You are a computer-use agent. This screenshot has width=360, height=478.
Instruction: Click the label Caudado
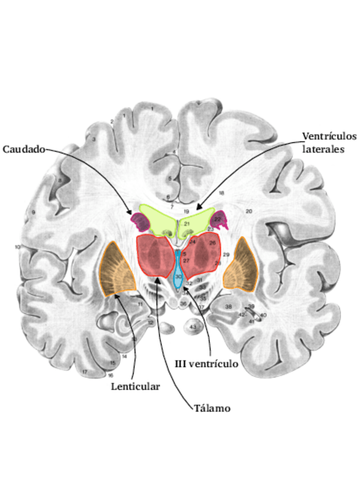pos(23,149)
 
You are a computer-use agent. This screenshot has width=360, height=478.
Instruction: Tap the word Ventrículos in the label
pos(330,137)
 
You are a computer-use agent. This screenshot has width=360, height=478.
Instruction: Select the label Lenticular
pos(135,386)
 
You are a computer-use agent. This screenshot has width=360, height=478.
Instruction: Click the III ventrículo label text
pos(205,364)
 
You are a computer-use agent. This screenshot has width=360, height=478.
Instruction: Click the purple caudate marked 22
pos(219,219)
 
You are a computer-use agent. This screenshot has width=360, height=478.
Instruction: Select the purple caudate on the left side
pos(139,222)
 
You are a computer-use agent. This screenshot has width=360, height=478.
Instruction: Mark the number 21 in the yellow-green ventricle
pos(187,224)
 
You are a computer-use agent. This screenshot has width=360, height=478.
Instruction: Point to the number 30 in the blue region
pos(178,277)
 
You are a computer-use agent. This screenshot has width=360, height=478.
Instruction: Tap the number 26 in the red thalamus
pos(213,243)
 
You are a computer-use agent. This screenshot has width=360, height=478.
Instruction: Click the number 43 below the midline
pos(193,327)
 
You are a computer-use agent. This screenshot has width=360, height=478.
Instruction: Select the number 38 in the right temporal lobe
pos(229,307)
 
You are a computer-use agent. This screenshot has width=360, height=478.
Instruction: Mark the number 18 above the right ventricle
pos(221,193)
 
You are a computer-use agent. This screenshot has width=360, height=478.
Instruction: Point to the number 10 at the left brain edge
pos(17,247)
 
